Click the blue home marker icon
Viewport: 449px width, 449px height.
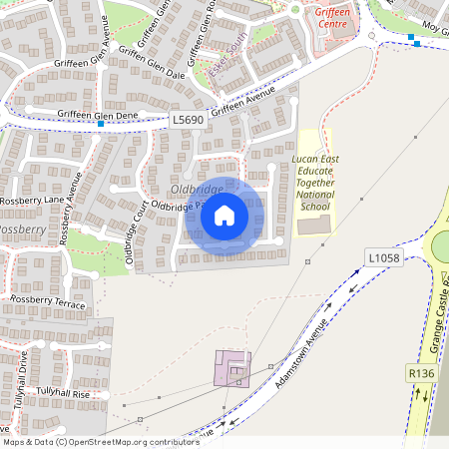(x=224, y=216)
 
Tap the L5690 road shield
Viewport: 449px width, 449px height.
(x=188, y=120)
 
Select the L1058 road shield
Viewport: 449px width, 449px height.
(x=383, y=257)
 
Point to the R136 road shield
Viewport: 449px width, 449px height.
(x=421, y=372)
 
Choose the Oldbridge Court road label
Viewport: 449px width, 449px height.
(x=136, y=225)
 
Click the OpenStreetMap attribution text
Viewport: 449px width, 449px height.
(x=100, y=442)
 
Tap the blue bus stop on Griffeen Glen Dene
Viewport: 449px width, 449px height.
(x=116, y=124)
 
